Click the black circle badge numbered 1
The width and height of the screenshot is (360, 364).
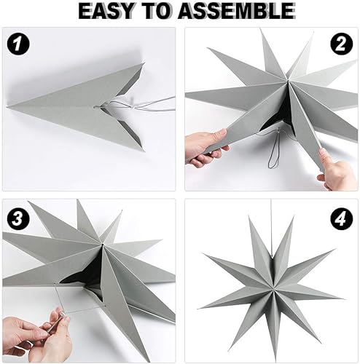(x=19, y=45)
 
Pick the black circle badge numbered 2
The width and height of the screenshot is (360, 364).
(x=339, y=46)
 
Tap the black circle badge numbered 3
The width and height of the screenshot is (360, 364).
(x=19, y=217)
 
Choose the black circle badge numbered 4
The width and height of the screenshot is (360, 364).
(x=339, y=217)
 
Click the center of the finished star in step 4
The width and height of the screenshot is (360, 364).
(x=270, y=284)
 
